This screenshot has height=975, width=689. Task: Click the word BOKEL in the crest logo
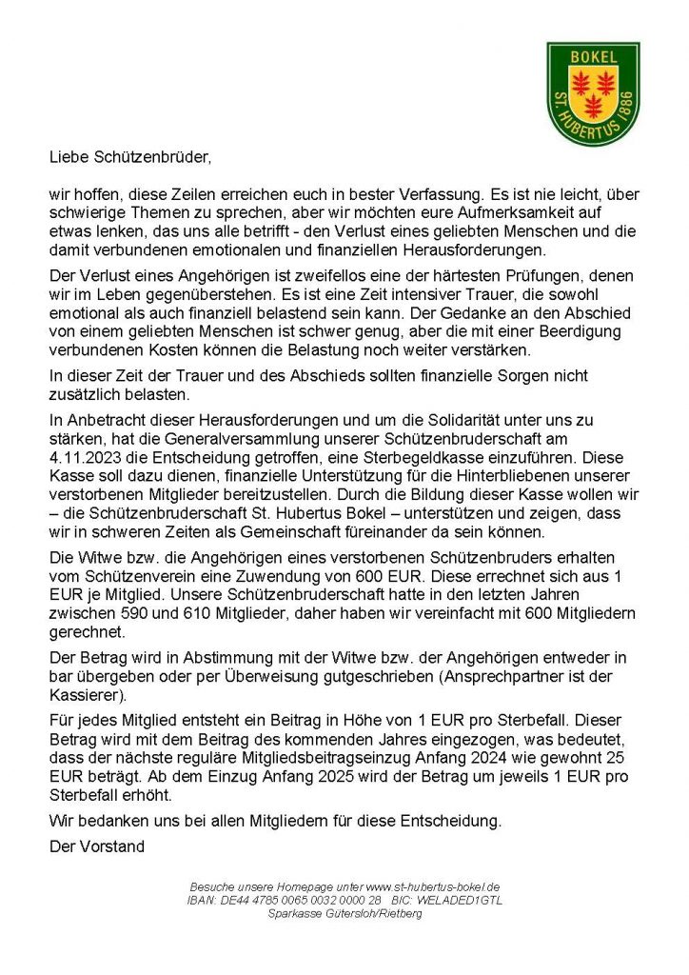(x=593, y=57)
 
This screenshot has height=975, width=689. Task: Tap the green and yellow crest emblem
(x=593, y=92)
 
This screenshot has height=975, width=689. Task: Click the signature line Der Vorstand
(x=96, y=844)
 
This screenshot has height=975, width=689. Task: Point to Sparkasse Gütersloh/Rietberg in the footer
(x=344, y=913)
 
